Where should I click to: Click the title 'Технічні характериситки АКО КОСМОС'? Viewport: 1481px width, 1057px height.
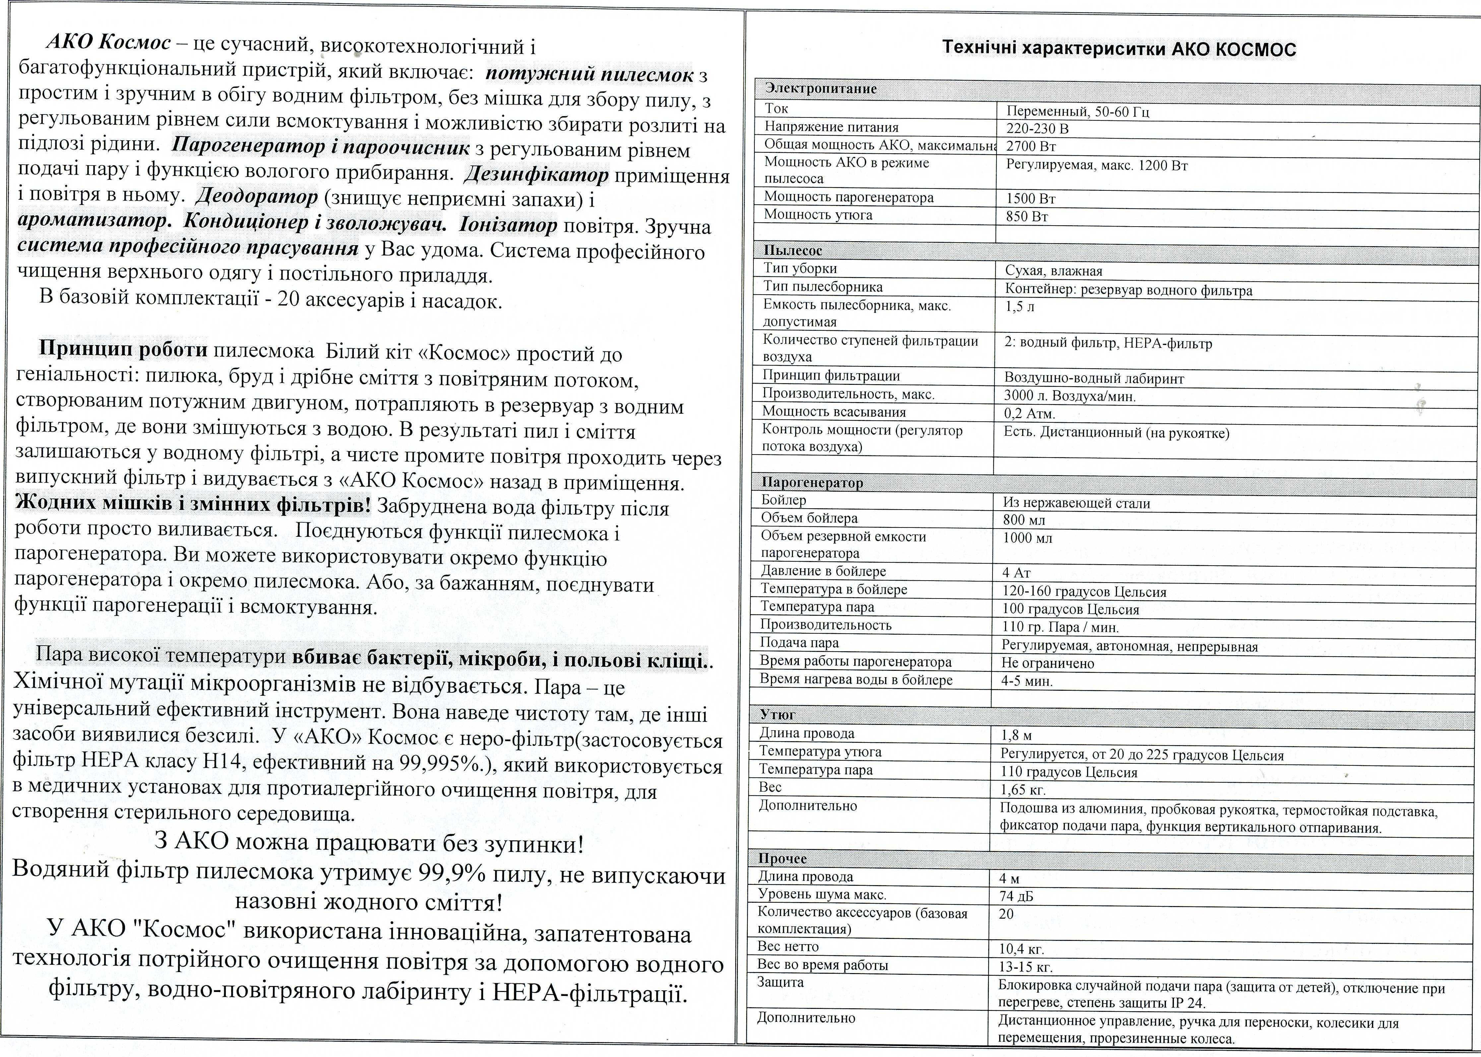1119,49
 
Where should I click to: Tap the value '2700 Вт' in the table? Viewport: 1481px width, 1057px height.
1031,146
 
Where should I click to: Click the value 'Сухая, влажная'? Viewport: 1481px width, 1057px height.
1054,271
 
